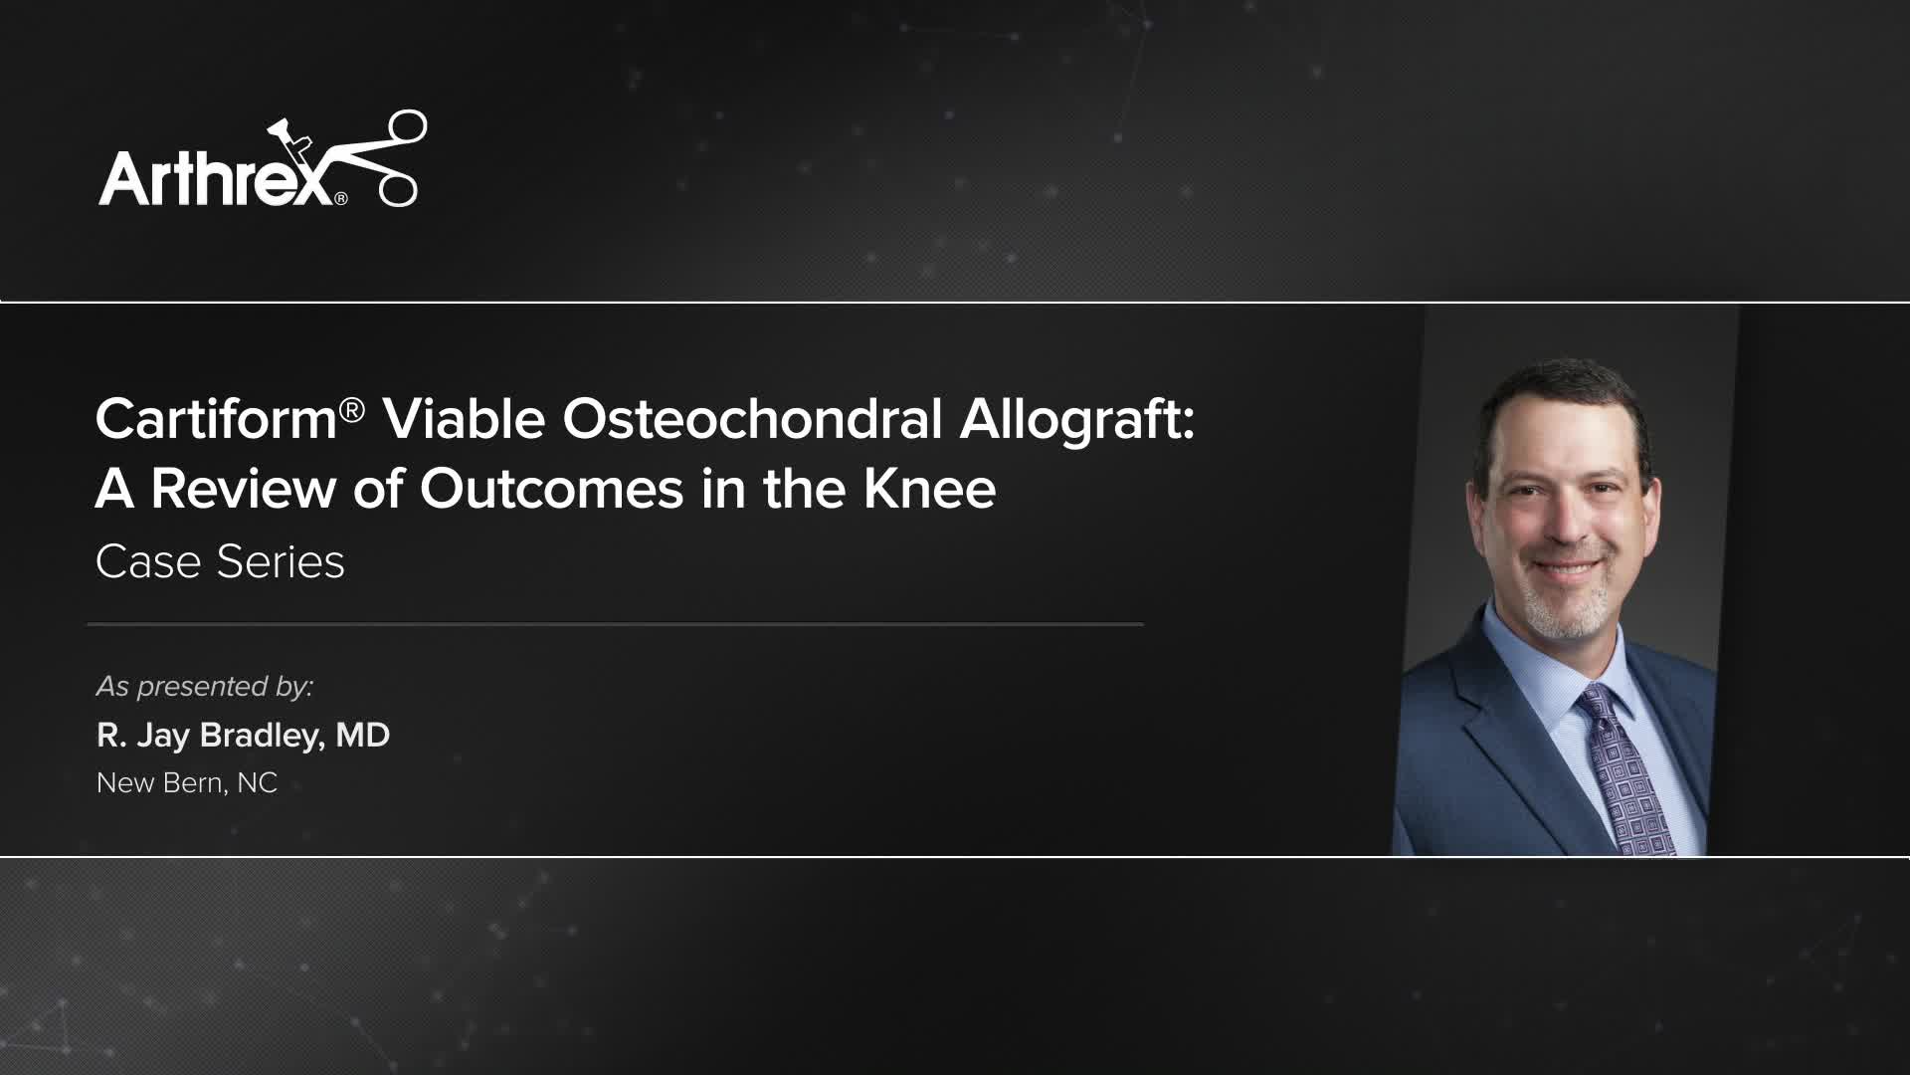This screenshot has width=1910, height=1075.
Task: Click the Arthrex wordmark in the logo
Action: (214, 177)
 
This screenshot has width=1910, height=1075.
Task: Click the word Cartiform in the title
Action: (216, 419)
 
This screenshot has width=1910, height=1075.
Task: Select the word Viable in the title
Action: (464, 419)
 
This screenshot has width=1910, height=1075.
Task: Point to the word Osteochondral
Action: (752, 419)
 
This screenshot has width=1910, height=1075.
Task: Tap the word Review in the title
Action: (243, 489)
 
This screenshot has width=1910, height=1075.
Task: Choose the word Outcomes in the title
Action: (551, 489)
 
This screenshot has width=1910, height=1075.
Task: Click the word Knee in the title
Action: (929, 489)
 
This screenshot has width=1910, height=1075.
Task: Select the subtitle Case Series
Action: (220, 561)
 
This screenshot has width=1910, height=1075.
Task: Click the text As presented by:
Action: (205, 687)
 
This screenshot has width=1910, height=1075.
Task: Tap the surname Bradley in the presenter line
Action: (261, 736)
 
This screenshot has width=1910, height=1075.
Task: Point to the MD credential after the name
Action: (362, 736)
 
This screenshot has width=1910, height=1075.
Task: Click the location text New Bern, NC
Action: (187, 783)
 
